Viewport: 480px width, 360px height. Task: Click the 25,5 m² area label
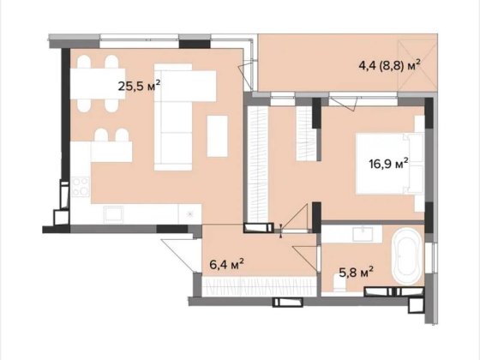point(139,86)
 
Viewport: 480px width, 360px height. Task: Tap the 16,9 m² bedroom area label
point(388,164)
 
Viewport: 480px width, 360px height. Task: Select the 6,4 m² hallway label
point(226,264)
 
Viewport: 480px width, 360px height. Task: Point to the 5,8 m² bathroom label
point(356,272)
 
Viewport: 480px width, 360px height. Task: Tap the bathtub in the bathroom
point(406,257)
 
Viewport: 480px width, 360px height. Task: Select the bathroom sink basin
point(363,235)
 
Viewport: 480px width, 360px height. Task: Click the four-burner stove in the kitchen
point(81,187)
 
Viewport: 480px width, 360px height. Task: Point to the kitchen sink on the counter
point(113,213)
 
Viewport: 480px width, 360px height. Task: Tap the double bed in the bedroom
point(389,164)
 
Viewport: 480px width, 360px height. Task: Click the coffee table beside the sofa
point(218,136)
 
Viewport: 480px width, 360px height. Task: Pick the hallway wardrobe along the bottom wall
point(259,286)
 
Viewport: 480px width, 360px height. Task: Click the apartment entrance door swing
point(181,255)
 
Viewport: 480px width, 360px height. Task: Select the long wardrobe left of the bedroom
point(258,164)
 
